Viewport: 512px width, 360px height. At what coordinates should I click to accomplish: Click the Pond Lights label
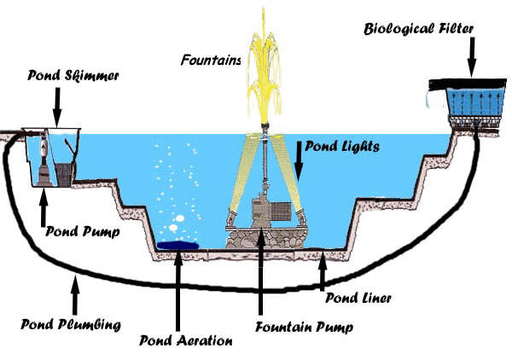[x=336, y=146]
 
